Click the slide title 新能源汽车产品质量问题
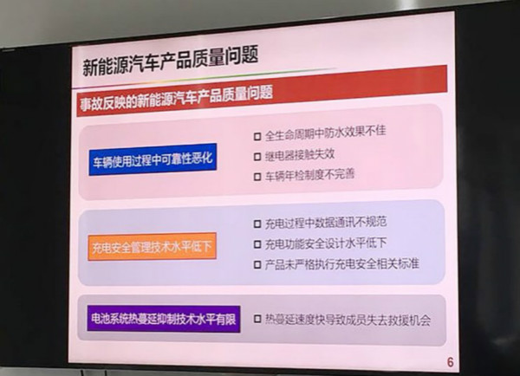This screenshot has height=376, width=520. (x=170, y=62)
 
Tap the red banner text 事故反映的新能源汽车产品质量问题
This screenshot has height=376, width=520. (x=177, y=98)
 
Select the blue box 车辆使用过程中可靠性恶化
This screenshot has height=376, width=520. (x=153, y=159)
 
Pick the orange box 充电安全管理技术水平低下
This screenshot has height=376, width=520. (x=153, y=247)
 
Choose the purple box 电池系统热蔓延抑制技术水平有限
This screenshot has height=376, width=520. (x=164, y=319)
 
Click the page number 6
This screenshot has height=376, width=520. (x=450, y=362)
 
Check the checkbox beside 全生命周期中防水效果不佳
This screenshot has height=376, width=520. (x=257, y=137)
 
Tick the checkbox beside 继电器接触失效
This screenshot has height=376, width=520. (x=257, y=157)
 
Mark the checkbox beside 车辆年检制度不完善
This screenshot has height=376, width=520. (x=257, y=177)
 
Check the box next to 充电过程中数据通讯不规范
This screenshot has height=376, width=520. (x=257, y=224)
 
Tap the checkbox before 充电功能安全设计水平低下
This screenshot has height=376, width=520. (x=257, y=244)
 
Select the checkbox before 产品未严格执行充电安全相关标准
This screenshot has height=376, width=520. (x=257, y=264)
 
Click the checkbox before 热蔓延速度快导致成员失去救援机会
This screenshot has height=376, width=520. (x=257, y=319)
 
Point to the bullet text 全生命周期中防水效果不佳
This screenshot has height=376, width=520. (x=325, y=133)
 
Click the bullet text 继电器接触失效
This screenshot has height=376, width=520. (x=300, y=155)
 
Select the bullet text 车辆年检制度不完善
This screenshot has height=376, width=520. (x=309, y=175)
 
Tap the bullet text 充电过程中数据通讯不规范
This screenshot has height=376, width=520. (x=326, y=223)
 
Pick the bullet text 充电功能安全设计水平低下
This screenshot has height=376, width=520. (x=326, y=243)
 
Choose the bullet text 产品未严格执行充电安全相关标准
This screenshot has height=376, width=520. (x=342, y=264)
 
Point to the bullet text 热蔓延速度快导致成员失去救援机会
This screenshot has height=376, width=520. (x=348, y=320)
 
